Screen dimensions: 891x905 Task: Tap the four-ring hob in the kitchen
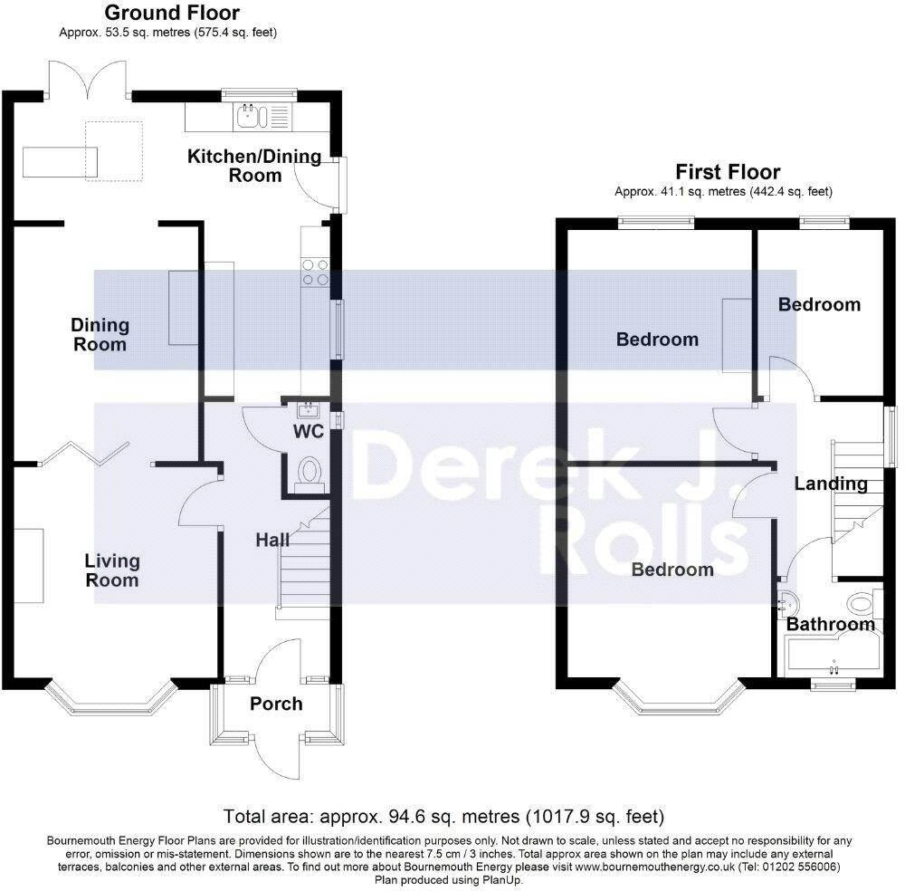click(x=315, y=272)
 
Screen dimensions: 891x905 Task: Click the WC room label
click(x=309, y=432)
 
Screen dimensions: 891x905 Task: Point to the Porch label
click(x=276, y=704)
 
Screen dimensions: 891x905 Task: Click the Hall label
click(x=271, y=540)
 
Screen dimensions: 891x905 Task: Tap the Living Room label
click(x=112, y=570)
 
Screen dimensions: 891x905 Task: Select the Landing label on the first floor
click(x=831, y=484)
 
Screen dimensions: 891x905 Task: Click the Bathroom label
click(x=830, y=624)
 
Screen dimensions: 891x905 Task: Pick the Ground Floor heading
click(x=172, y=13)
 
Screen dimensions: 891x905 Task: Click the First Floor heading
click(x=728, y=172)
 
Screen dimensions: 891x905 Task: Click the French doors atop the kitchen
click(x=88, y=79)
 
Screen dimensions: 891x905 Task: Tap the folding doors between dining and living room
click(x=87, y=454)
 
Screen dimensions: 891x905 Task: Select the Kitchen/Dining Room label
click(x=254, y=166)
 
